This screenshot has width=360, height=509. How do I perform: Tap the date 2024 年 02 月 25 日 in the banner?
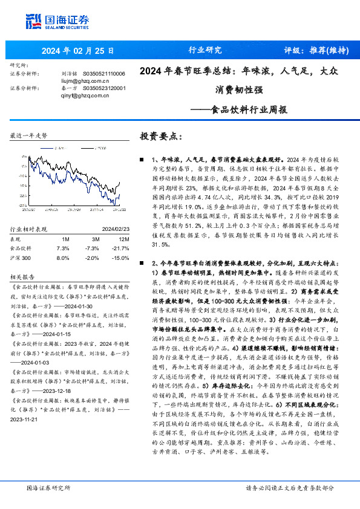tap(77, 50)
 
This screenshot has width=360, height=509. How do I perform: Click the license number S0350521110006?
tap(103, 73)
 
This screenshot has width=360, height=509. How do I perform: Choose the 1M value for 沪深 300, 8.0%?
tap(62, 240)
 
